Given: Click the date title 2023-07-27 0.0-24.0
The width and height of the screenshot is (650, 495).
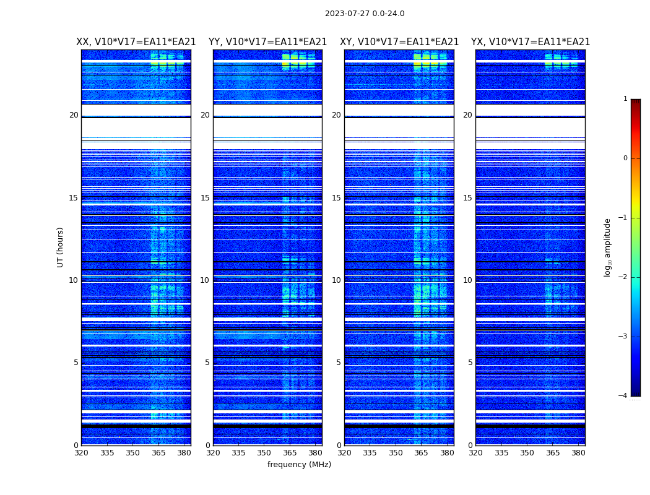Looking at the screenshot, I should pyautogui.click(x=365, y=14).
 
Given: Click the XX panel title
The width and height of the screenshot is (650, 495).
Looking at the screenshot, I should pyautogui.click(x=136, y=42).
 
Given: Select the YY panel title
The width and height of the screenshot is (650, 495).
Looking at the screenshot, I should pyautogui.click(x=267, y=42).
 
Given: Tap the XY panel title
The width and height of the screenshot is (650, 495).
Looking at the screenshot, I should pyautogui.click(x=399, y=42).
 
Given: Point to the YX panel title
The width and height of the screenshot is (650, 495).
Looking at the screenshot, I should pyautogui.click(x=531, y=42).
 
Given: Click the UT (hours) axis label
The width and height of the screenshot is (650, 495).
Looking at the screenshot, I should pyautogui.click(x=61, y=247).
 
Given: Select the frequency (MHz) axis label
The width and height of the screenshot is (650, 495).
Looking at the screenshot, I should pyautogui.click(x=299, y=465).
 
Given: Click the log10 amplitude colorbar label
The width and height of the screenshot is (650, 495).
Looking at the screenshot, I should pyautogui.click(x=608, y=247).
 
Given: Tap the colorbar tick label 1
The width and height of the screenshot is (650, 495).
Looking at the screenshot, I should pyautogui.click(x=625, y=99).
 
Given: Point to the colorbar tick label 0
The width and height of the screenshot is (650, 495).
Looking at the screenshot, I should pyautogui.click(x=625, y=158).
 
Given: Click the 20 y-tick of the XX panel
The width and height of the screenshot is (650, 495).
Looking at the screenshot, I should pyautogui.click(x=74, y=115).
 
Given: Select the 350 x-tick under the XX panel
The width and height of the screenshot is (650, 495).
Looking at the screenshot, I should pyautogui.click(x=132, y=453).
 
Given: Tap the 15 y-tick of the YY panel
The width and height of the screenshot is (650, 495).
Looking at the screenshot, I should pyautogui.click(x=205, y=198).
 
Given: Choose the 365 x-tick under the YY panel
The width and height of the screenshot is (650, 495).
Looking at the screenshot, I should pyautogui.click(x=290, y=453).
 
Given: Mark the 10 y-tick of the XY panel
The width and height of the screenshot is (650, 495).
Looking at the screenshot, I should pyautogui.click(x=336, y=280).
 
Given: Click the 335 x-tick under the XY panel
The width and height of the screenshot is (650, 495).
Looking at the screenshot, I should pyautogui.click(x=370, y=453).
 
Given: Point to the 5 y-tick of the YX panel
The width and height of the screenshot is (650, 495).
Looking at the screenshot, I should pyautogui.click(x=470, y=363).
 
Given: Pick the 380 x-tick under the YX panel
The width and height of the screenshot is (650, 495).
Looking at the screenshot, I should pyautogui.click(x=578, y=453).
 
